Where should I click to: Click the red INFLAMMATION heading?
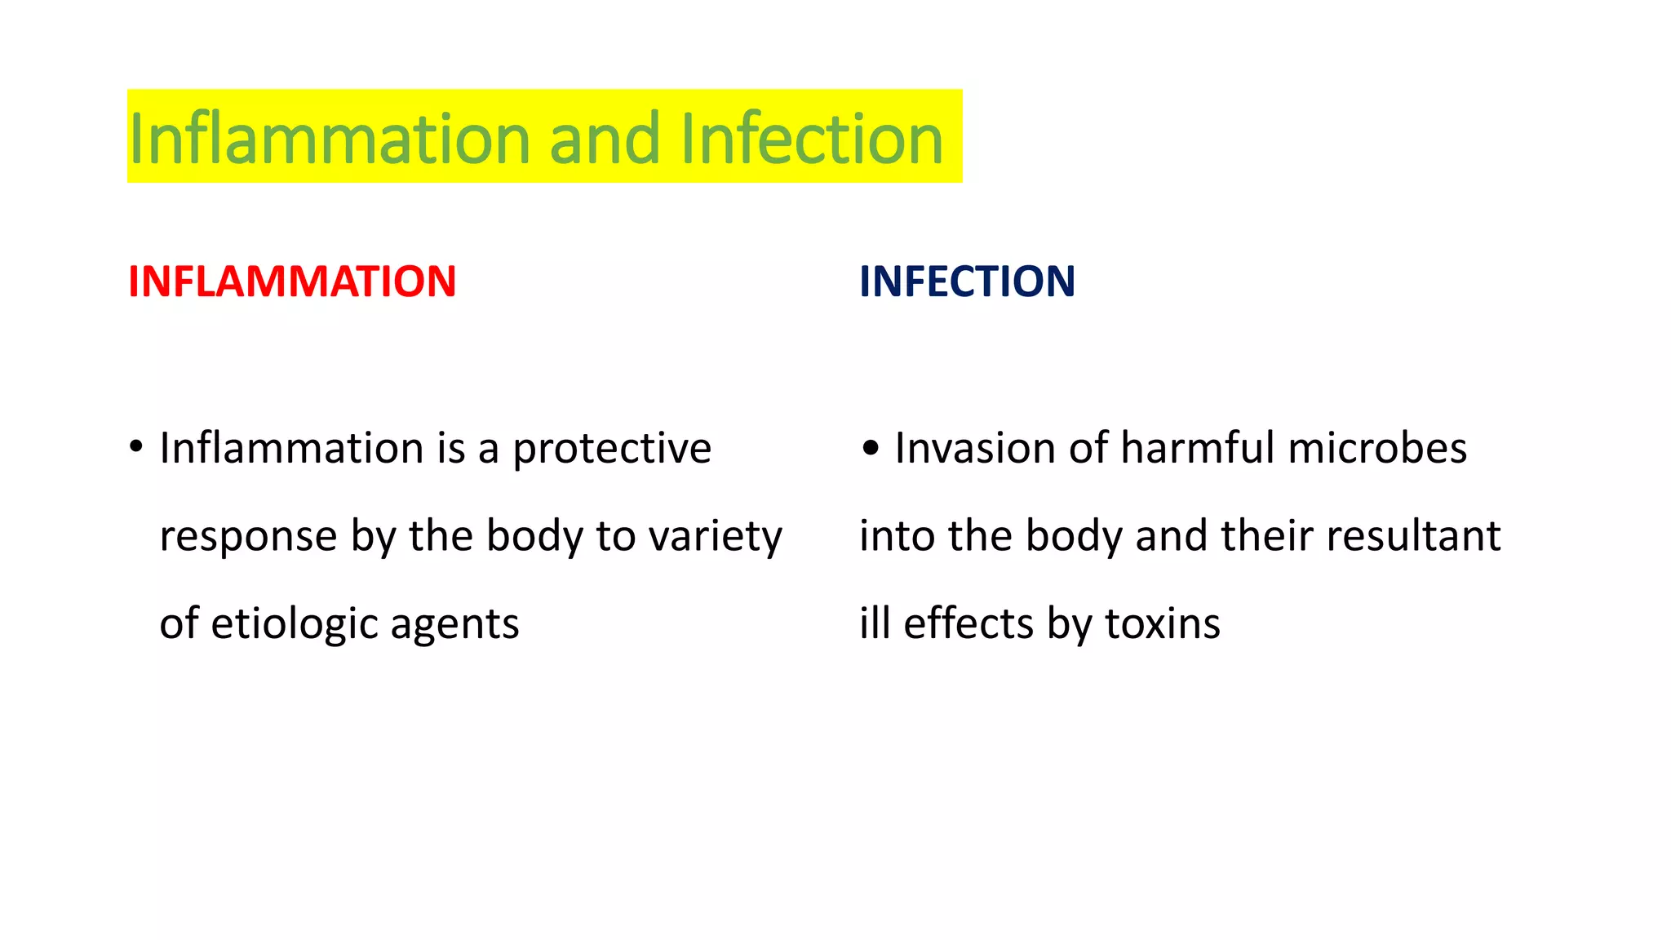292,282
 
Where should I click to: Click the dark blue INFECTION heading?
967,282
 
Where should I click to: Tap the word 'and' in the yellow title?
604,139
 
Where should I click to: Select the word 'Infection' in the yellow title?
812,139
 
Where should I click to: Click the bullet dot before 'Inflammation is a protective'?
136,448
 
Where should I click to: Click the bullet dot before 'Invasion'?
871,448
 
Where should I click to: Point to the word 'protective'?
612,450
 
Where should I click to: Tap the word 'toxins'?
1163,624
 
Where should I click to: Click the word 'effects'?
968,624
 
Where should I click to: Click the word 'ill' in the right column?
874,624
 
